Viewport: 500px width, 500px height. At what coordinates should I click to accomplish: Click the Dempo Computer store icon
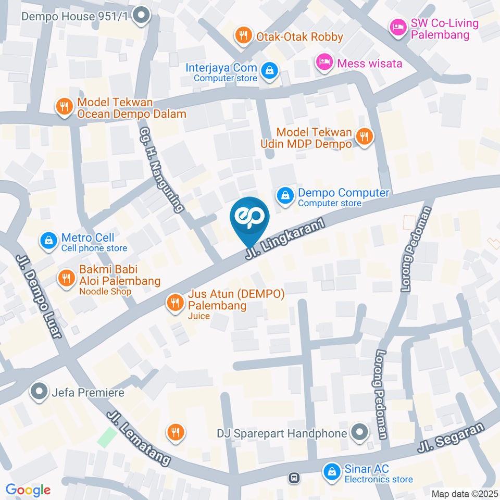coord(285,196)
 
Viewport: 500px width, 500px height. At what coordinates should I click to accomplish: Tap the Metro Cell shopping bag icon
coord(48,240)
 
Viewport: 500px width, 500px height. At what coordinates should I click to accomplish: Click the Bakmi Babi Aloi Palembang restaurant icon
coord(66,278)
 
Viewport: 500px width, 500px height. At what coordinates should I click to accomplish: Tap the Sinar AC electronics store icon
coord(331,472)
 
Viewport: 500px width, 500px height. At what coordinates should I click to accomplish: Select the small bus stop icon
coord(294,477)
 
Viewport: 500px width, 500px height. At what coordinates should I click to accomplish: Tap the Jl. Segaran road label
coord(451,436)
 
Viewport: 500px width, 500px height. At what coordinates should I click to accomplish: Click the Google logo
coord(28,490)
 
